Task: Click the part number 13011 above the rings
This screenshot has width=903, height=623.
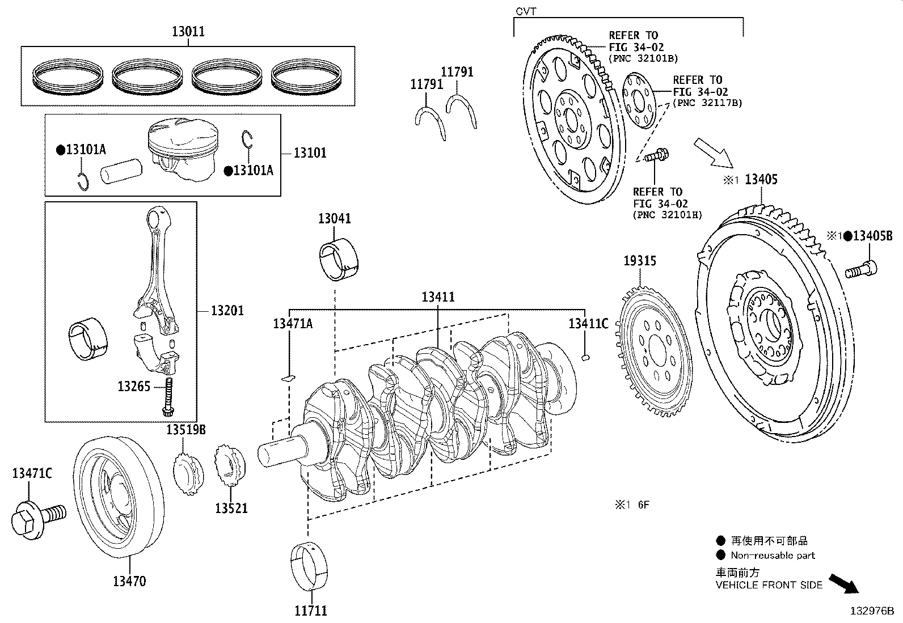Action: tap(188, 32)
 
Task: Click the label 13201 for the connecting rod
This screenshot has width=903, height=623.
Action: tap(227, 311)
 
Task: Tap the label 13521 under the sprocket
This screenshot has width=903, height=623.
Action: tap(231, 508)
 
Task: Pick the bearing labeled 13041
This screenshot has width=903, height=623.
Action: tap(339, 261)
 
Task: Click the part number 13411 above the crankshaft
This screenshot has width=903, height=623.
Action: tap(438, 296)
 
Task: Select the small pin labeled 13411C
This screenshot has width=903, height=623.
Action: tap(588, 357)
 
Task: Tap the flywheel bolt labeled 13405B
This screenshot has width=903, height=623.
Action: tap(861, 269)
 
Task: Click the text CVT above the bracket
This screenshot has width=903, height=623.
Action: tap(525, 11)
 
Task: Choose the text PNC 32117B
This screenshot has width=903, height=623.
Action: tap(707, 103)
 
